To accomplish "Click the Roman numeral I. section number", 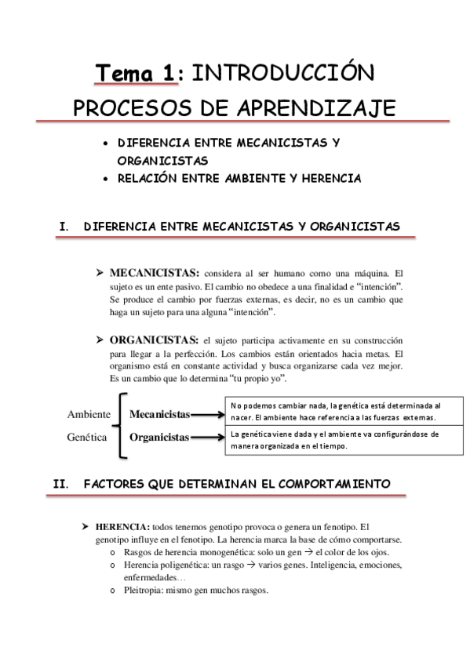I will point(64,227).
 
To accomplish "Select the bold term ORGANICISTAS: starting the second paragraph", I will point(153,341).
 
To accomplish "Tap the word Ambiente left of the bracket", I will point(87,414).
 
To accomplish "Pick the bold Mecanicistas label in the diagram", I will point(159,413).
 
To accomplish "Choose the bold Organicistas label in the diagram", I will point(159,438).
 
